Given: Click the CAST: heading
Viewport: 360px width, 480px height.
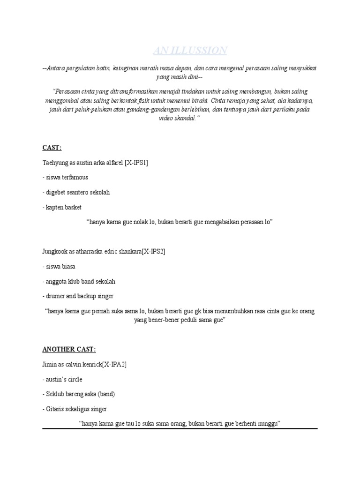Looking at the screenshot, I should pyautogui.click(x=52, y=148).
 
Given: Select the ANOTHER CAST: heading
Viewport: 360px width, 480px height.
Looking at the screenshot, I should pyautogui.click(x=69, y=349).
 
